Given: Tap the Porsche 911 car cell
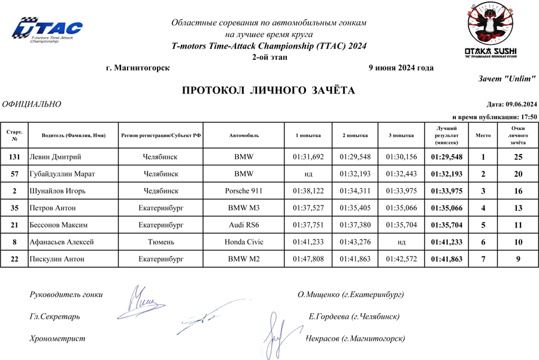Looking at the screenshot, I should (x=244, y=190).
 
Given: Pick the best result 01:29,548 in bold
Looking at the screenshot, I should (x=447, y=157).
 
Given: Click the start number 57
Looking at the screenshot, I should (x=14, y=174).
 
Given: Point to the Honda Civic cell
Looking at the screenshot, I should (x=244, y=242).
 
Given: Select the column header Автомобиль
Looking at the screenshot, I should (x=244, y=136).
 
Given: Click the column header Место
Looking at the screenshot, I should (x=483, y=136).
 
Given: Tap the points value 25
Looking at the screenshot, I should (x=518, y=157).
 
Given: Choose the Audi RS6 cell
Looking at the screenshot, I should (x=244, y=225).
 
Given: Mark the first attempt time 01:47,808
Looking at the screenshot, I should (x=308, y=259).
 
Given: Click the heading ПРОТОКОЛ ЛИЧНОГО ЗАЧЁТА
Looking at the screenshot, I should (x=268, y=90).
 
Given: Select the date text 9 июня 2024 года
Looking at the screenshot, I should (x=401, y=68).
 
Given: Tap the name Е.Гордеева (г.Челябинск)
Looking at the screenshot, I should (x=354, y=316).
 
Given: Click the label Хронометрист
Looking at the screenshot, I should (x=57, y=338).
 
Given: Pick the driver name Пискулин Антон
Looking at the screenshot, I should (x=56, y=259).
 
